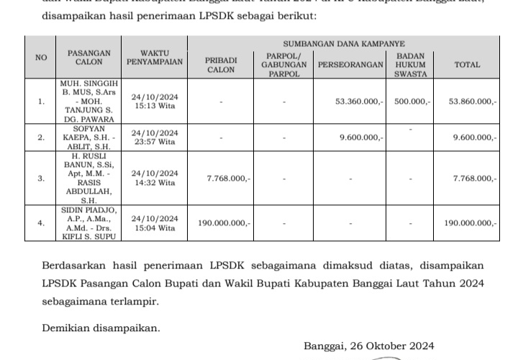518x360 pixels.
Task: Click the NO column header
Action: (41, 58)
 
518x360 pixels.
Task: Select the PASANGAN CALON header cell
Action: (89, 58)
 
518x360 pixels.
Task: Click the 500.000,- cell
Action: (412, 102)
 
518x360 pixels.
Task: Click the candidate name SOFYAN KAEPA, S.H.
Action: (89, 132)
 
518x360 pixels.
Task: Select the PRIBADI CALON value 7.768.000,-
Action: (228, 178)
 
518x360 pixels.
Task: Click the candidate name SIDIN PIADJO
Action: (89, 210)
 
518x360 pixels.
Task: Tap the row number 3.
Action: (41, 178)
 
